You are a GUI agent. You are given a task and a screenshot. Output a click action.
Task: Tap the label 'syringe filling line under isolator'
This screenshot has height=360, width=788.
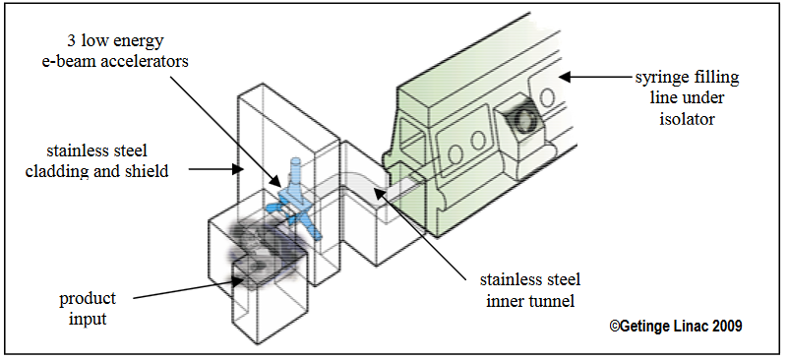pyautogui.click(x=687, y=98)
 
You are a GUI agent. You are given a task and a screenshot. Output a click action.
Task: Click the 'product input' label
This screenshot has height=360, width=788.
pyautogui.click(x=88, y=308)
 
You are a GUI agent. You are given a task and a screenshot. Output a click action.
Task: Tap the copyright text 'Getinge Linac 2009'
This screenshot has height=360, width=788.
pyautogui.click(x=676, y=326)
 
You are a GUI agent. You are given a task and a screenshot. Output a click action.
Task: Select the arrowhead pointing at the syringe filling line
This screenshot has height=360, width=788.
pyautogui.click(x=566, y=77)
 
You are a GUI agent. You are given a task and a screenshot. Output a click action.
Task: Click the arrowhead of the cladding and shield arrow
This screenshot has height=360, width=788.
pyautogui.click(x=238, y=169)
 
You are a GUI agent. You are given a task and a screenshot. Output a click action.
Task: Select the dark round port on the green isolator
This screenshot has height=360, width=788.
pyautogui.click(x=524, y=121)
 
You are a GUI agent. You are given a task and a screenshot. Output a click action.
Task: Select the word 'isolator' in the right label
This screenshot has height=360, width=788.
pyautogui.click(x=687, y=119)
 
